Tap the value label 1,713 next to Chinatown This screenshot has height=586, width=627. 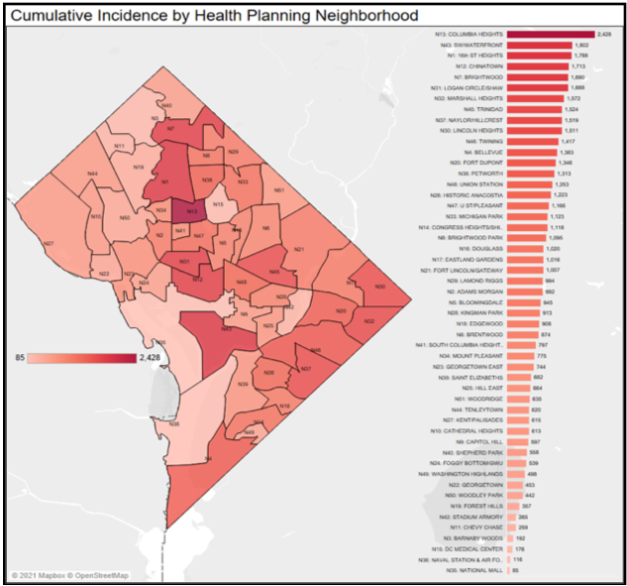pyautogui.click(x=579, y=66)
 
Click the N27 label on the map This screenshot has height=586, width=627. pyautogui.click(x=47, y=243)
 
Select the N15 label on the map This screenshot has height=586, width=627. pyautogui.click(x=219, y=204)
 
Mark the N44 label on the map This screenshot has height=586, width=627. pyautogui.click(x=91, y=174)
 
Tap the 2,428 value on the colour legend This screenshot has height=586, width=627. pyautogui.click(x=151, y=356)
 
